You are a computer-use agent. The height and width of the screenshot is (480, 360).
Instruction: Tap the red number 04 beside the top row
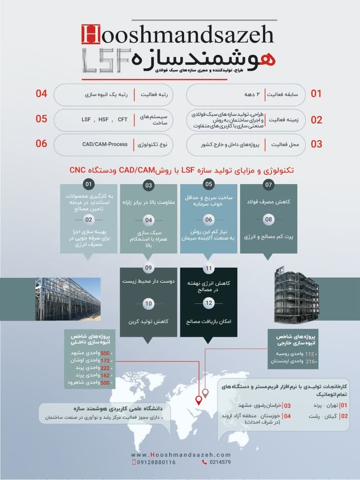pyautogui.click(x=41, y=93)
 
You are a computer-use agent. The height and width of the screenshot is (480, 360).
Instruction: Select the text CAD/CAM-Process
pyautogui.click(x=105, y=144)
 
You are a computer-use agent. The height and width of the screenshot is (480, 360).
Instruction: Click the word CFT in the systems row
pyautogui.click(x=123, y=120)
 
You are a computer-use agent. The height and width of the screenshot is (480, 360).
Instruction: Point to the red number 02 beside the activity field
pyautogui.click(x=316, y=120)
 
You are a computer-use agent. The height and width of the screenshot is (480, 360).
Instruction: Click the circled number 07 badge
pyautogui.click(x=268, y=184)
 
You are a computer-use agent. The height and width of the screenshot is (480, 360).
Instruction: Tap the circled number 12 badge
pyautogui.click(x=209, y=303)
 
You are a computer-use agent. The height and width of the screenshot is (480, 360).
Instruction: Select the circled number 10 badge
pyautogui.click(x=149, y=303)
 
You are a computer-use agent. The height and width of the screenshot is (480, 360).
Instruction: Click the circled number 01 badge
pyautogui.click(x=88, y=184)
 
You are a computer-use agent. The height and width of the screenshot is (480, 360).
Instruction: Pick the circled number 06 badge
pyautogui.click(x=209, y=220)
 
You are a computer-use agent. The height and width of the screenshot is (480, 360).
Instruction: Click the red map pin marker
pyautogui.click(x=199, y=400)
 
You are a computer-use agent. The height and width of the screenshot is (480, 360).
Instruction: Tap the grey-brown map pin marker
pyautogui.click(x=205, y=393)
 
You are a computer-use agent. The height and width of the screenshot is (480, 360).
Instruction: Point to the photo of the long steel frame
pyautogui.click(x=68, y=299)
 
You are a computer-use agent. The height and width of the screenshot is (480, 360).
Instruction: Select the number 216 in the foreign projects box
pyautogui.click(x=310, y=361)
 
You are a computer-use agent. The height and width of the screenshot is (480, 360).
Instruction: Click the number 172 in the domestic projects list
pyautogui.click(x=105, y=361)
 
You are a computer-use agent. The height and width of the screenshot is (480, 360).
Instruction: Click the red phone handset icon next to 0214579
pyautogui.click(x=204, y=462)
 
